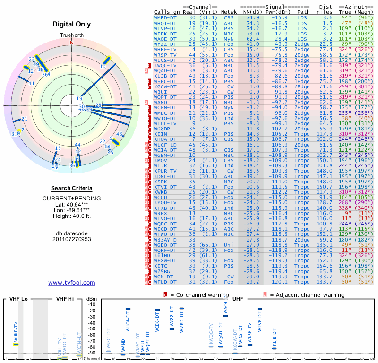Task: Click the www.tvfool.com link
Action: pos(71,283)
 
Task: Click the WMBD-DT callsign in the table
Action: pos(165,17)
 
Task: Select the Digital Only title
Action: pos(72,24)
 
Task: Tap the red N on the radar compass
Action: pos(72,42)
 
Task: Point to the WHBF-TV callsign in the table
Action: pos(165,49)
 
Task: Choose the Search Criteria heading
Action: pos(72,188)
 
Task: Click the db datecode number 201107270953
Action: pos(72,239)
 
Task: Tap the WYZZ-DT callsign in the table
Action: pos(165,44)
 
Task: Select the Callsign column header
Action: pos(167,12)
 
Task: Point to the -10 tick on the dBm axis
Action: pos(91,304)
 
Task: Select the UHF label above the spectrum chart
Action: pos(238,299)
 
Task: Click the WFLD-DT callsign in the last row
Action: pos(165,282)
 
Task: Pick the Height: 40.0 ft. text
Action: pos(72,216)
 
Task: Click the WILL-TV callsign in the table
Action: pos(165,123)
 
